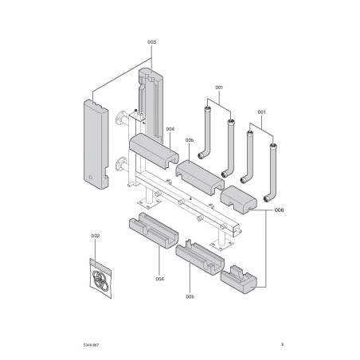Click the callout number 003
[x=151, y=41]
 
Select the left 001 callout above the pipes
[x=220, y=87]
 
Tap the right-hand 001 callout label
[x=261, y=112]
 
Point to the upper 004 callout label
[x=170, y=128]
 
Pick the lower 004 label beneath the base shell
[x=159, y=279]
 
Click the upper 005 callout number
[x=190, y=140]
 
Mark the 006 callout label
[x=278, y=210]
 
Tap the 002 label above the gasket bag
[x=96, y=236]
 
